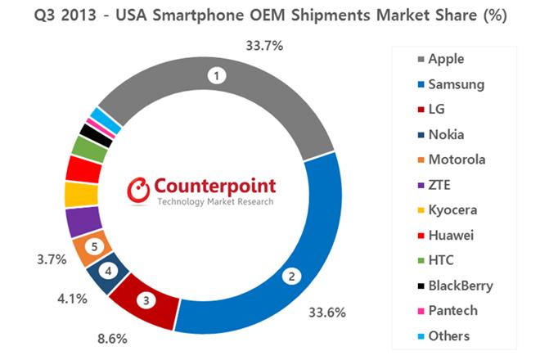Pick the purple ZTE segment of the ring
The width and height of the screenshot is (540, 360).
tap(83, 221)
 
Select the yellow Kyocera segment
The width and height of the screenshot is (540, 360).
tap(80, 195)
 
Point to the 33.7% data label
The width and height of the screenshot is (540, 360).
tap(263, 46)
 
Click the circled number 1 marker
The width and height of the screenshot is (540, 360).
tap(217, 76)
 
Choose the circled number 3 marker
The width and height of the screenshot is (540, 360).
tap(146, 299)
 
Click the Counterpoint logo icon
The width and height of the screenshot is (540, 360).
tap(140, 189)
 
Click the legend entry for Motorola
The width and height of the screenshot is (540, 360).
tap(459, 159)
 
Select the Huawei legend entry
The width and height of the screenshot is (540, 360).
tap(453, 235)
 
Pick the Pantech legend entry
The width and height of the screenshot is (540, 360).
tap(454, 311)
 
